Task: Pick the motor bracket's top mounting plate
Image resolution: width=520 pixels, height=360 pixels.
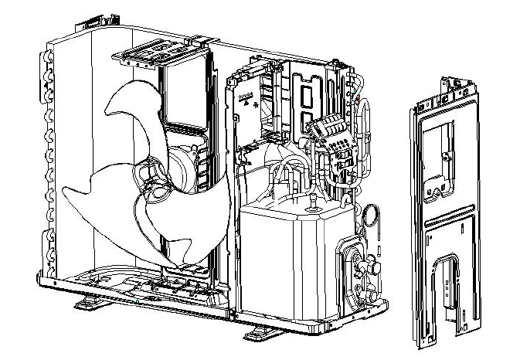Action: click(x=161, y=55)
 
